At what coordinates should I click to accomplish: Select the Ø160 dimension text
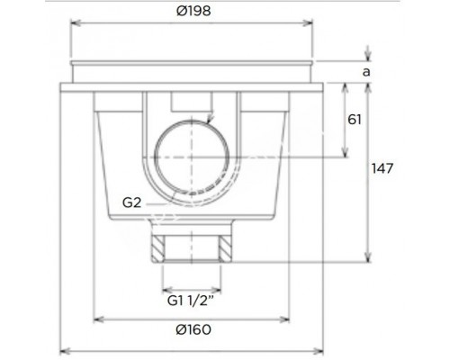pos(191,329)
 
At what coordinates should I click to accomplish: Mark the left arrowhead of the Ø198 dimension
pos(74,26)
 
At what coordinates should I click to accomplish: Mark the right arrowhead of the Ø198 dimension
pos(310,26)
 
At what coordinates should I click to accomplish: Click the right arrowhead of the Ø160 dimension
pos(285,318)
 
